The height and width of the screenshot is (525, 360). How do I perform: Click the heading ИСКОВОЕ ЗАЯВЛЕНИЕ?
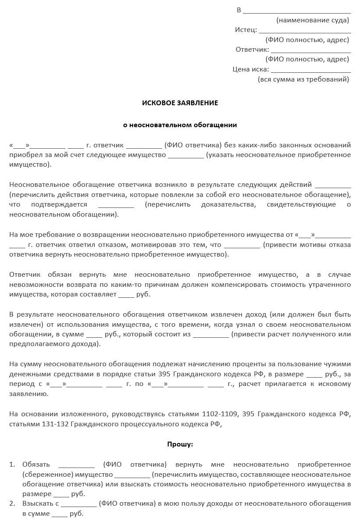(180, 103)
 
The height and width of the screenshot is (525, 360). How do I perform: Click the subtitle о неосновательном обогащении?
(180, 125)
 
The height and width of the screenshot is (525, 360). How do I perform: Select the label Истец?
(246, 30)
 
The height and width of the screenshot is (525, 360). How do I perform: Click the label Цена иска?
(251, 69)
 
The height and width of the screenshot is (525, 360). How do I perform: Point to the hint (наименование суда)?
(313, 20)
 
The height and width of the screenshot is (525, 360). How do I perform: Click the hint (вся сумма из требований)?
(303, 79)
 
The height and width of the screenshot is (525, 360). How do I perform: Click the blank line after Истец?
(305, 32)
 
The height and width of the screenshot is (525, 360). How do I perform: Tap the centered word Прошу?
(180, 444)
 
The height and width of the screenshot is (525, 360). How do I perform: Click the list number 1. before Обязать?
(12, 464)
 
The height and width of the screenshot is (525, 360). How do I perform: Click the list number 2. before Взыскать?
(12, 504)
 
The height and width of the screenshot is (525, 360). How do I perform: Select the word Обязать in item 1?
(36, 464)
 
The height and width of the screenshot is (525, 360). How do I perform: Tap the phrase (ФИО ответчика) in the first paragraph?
(192, 145)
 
